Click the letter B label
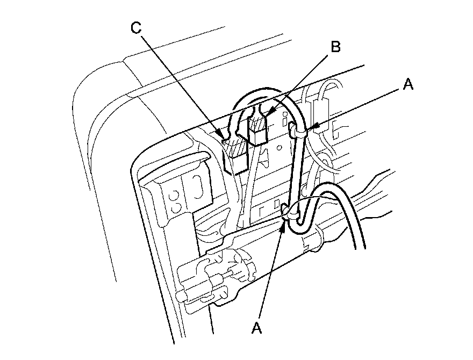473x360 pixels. [x=335, y=47]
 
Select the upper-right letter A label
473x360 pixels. [x=408, y=84]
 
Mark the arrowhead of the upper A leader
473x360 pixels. [x=311, y=127]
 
